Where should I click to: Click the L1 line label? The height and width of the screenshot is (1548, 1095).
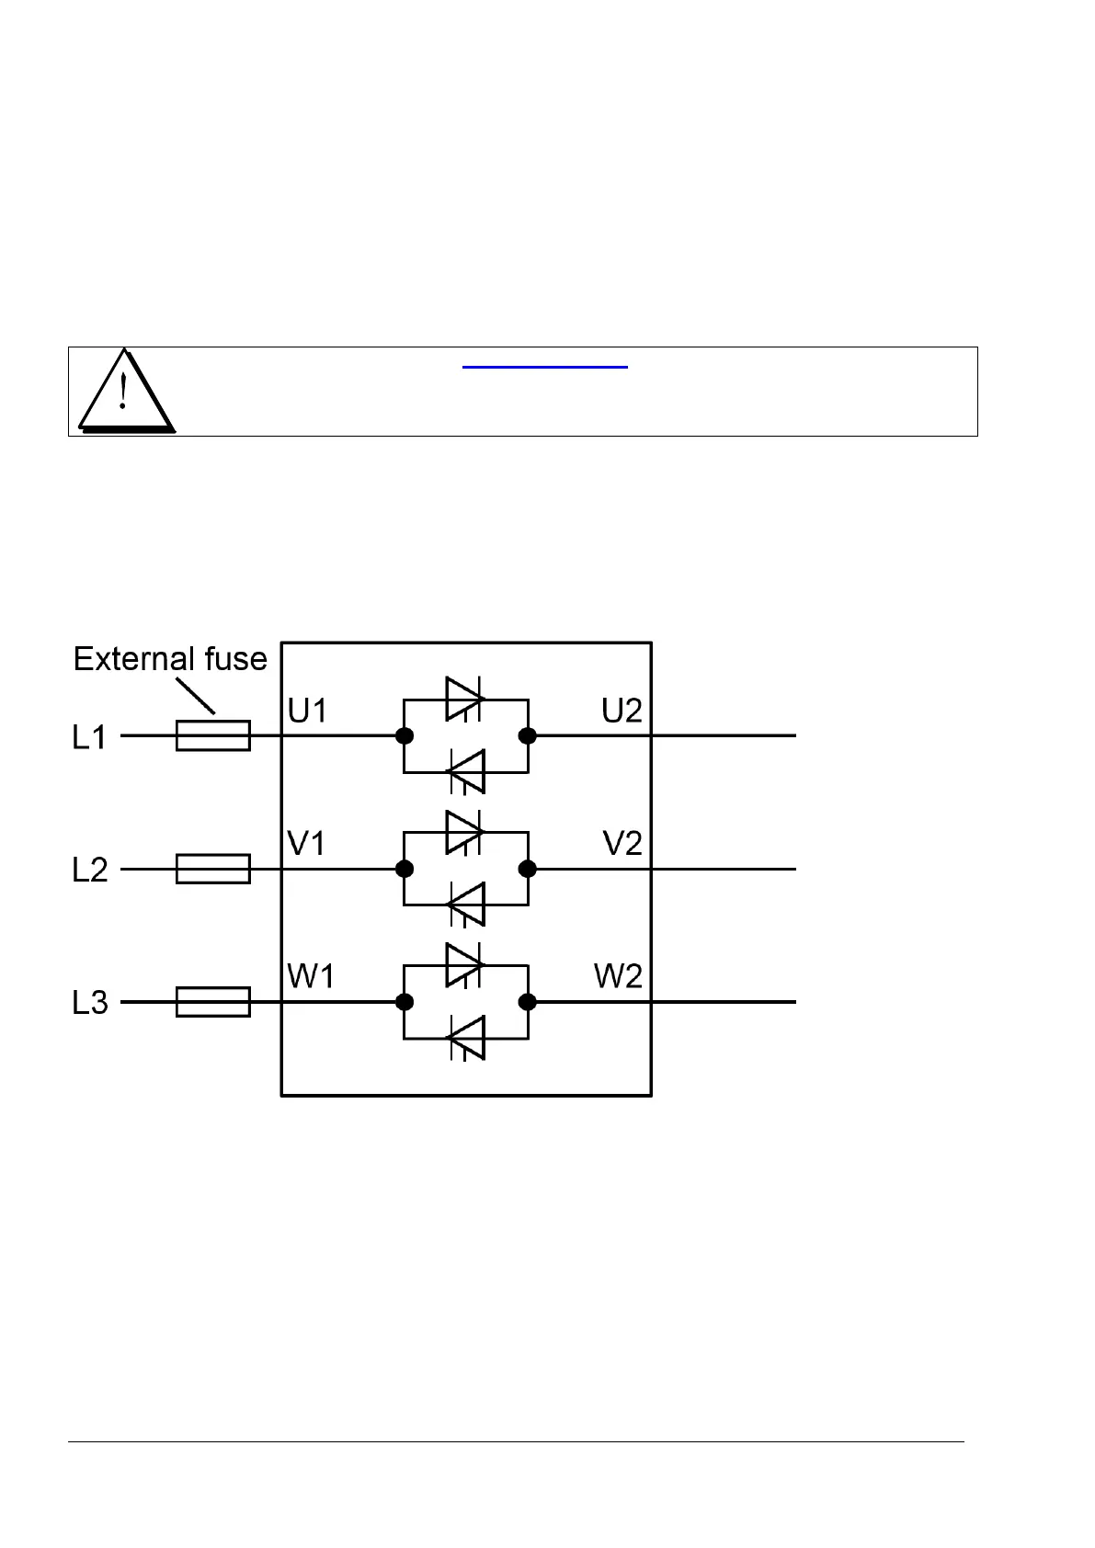click(x=89, y=737)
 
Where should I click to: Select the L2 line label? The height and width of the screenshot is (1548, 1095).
click(x=89, y=870)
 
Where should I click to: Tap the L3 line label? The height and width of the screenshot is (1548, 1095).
click(x=89, y=1003)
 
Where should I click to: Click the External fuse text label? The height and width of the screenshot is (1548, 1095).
click(x=170, y=659)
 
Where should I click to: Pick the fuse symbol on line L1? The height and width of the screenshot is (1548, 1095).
click(x=212, y=735)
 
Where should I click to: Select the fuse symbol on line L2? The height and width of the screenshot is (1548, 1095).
click(x=212, y=869)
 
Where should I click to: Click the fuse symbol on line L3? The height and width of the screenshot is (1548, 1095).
click(x=212, y=1002)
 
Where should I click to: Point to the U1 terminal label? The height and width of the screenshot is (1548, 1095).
click(x=307, y=711)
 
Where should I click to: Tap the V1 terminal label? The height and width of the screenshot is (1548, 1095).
click(x=306, y=844)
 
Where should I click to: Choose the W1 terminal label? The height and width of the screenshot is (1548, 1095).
click(x=311, y=976)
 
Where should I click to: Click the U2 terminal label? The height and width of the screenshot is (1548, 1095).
click(x=622, y=711)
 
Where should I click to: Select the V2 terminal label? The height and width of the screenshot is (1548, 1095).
click(x=622, y=844)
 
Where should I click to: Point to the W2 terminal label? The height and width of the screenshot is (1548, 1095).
click(x=618, y=976)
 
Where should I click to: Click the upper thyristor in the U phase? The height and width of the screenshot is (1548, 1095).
click(x=464, y=700)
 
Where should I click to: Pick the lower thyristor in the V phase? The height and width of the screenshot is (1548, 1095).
click(x=466, y=905)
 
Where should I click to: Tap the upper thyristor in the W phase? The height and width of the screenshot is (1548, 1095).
click(x=464, y=965)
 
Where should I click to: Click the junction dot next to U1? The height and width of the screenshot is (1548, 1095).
click(x=404, y=735)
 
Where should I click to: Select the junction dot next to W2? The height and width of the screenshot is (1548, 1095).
click(x=528, y=1002)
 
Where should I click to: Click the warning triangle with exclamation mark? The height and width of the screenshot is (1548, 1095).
click(x=125, y=393)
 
